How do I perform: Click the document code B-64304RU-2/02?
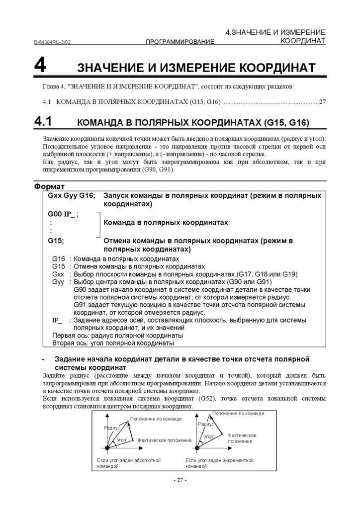click(x=52, y=42)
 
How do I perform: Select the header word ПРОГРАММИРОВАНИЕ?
click(x=180, y=42)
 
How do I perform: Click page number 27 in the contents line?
click(x=322, y=102)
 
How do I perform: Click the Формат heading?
click(x=49, y=186)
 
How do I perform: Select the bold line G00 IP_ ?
click(x=63, y=214)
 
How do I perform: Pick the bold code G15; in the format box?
click(x=56, y=241)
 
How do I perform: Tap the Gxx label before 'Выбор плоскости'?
click(x=58, y=274)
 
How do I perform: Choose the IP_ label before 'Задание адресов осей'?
click(x=57, y=320)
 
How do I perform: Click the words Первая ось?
click(x=69, y=336)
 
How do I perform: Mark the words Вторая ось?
click(x=69, y=343)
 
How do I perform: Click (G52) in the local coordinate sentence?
click(x=207, y=399)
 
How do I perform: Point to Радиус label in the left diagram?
click(x=112, y=428)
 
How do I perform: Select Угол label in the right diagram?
click(x=208, y=436)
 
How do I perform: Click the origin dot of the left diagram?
click(x=107, y=449)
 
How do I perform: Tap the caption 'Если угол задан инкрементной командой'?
click(x=219, y=463)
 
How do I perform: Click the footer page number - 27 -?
click(x=180, y=480)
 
